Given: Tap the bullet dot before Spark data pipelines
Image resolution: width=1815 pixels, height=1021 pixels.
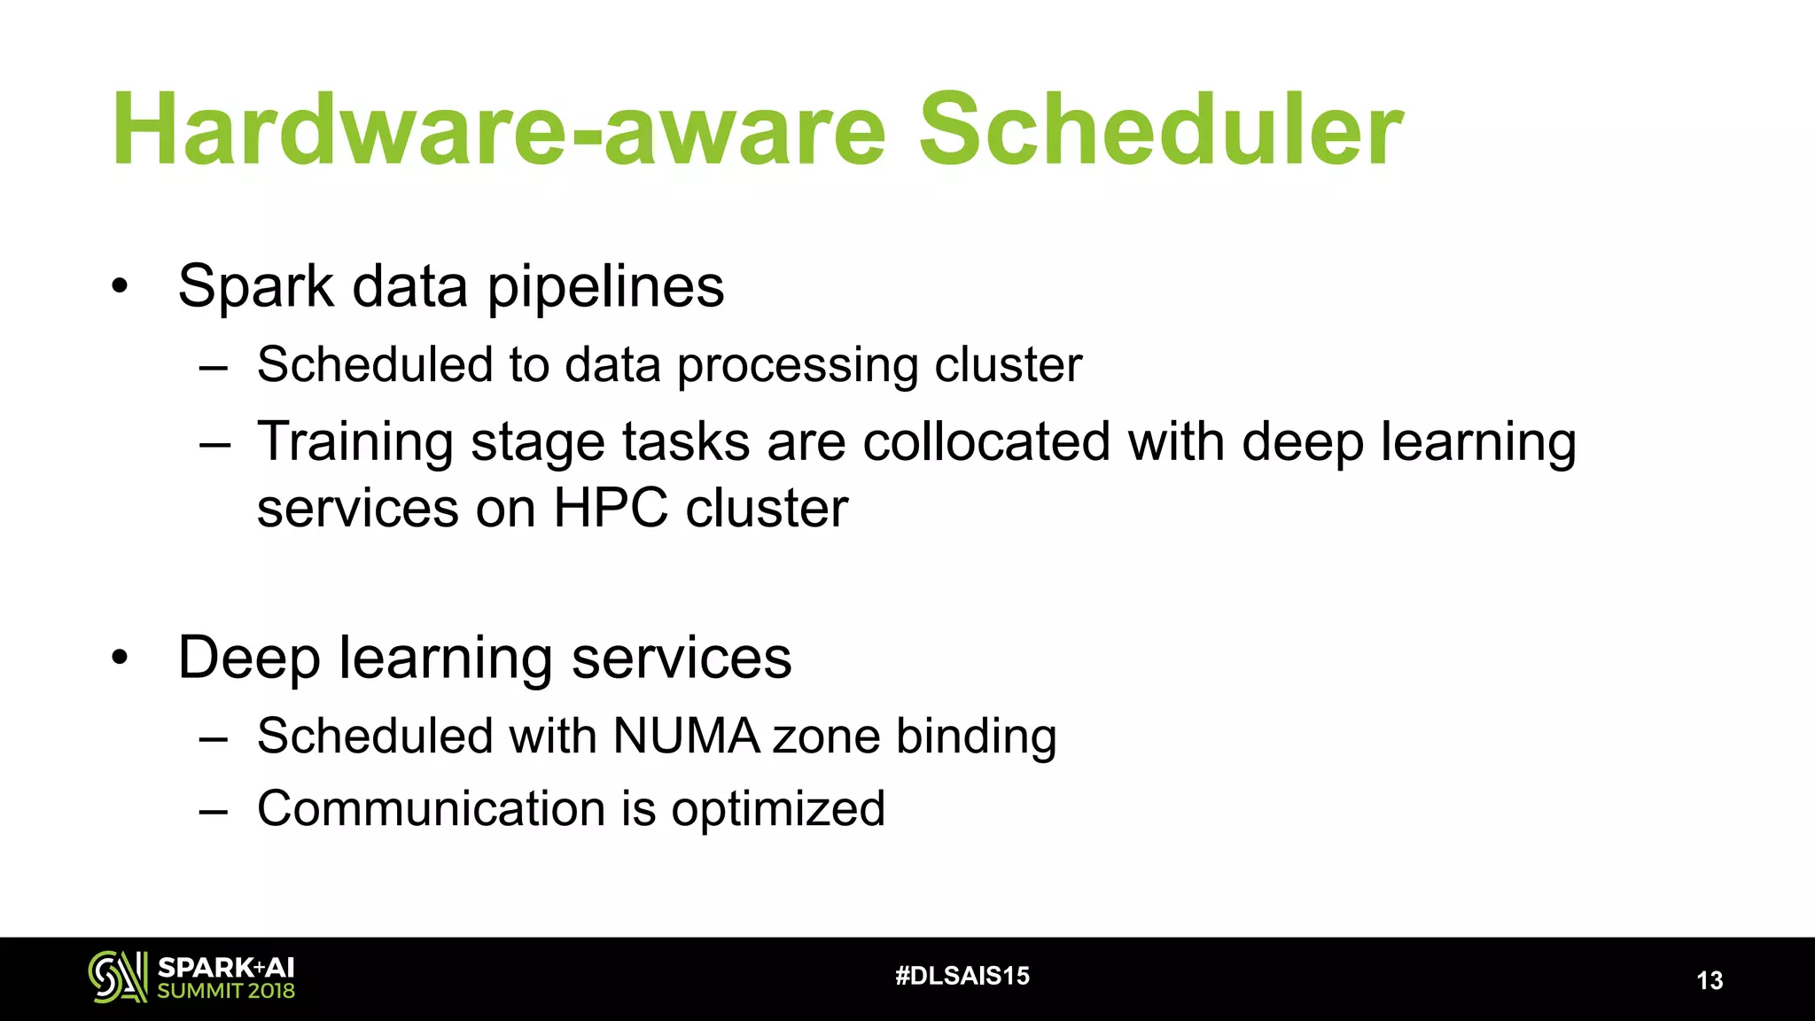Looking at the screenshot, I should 120,286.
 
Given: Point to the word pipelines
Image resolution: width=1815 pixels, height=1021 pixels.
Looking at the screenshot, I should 605,288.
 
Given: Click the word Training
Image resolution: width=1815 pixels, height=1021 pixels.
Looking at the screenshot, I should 354,443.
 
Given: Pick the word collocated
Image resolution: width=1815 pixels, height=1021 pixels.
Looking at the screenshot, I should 985,441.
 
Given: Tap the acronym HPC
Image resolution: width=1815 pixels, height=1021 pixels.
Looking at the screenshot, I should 611,509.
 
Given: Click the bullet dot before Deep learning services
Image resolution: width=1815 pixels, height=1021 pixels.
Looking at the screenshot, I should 120,659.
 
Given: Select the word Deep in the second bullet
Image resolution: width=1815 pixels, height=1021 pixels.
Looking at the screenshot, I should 248,659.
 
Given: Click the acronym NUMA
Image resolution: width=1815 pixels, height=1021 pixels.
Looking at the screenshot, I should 686,737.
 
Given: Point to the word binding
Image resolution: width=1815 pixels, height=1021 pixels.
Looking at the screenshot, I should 976,737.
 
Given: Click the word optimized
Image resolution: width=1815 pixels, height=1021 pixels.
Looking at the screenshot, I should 777,810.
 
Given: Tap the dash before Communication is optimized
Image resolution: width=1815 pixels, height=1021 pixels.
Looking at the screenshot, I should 214,810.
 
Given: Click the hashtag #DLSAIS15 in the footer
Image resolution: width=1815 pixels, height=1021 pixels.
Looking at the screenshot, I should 962,976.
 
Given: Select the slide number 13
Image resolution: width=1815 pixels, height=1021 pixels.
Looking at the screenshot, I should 1709,980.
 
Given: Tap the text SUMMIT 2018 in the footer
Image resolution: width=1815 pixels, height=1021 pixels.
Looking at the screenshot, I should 226,991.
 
